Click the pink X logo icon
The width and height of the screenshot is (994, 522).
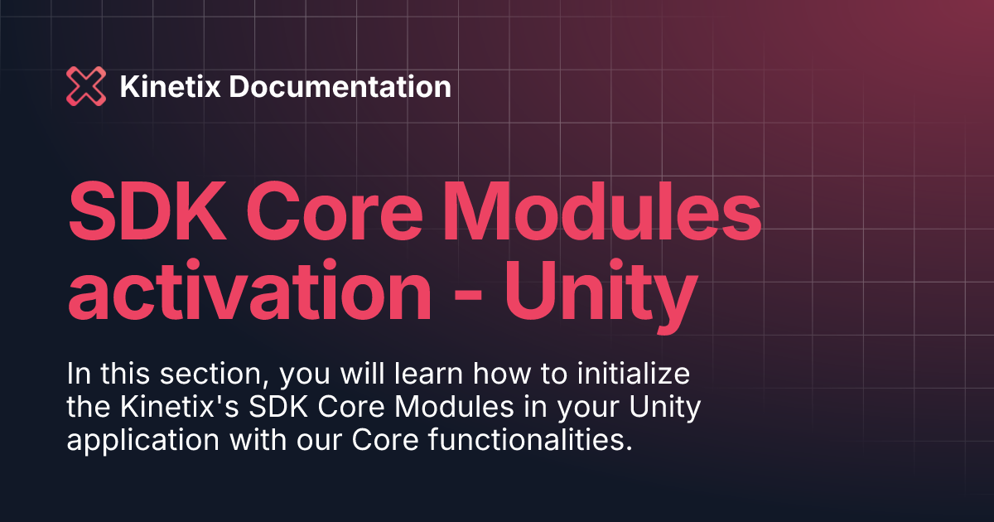(86, 86)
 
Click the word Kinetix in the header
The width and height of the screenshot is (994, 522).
(171, 86)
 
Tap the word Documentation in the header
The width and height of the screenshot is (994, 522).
(340, 86)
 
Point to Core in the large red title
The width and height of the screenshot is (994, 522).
(334, 211)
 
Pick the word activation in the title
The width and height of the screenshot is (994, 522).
(249, 288)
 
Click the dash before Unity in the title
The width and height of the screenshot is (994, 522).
(468, 295)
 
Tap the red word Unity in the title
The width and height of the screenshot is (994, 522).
(601, 295)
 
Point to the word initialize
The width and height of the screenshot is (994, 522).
(634, 374)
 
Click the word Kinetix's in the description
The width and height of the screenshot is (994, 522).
(180, 406)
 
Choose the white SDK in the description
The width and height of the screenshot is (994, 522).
(278, 406)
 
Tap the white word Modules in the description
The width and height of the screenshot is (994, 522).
(455, 406)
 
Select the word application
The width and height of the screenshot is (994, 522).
(142, 441)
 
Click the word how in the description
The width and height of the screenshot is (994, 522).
(502, 374)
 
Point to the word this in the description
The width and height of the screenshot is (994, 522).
(125, 374)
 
